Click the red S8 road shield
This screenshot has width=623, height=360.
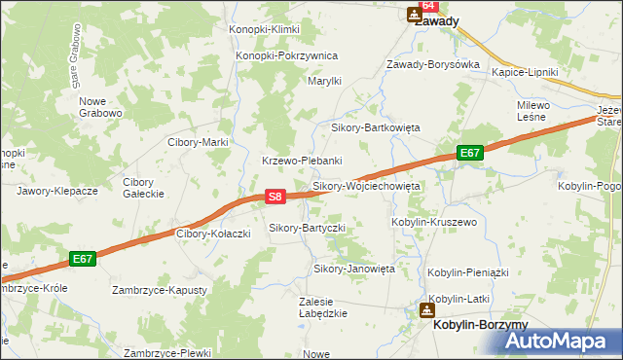275,197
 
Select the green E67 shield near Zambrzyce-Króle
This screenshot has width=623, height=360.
83,259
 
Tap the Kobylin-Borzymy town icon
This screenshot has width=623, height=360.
426,310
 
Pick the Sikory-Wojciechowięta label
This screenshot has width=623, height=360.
365,185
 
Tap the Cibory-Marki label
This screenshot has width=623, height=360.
198,142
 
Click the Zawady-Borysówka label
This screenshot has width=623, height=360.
433,64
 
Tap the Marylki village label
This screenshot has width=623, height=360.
324,81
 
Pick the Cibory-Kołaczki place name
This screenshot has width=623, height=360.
213,234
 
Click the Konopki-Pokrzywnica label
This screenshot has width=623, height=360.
286,55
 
